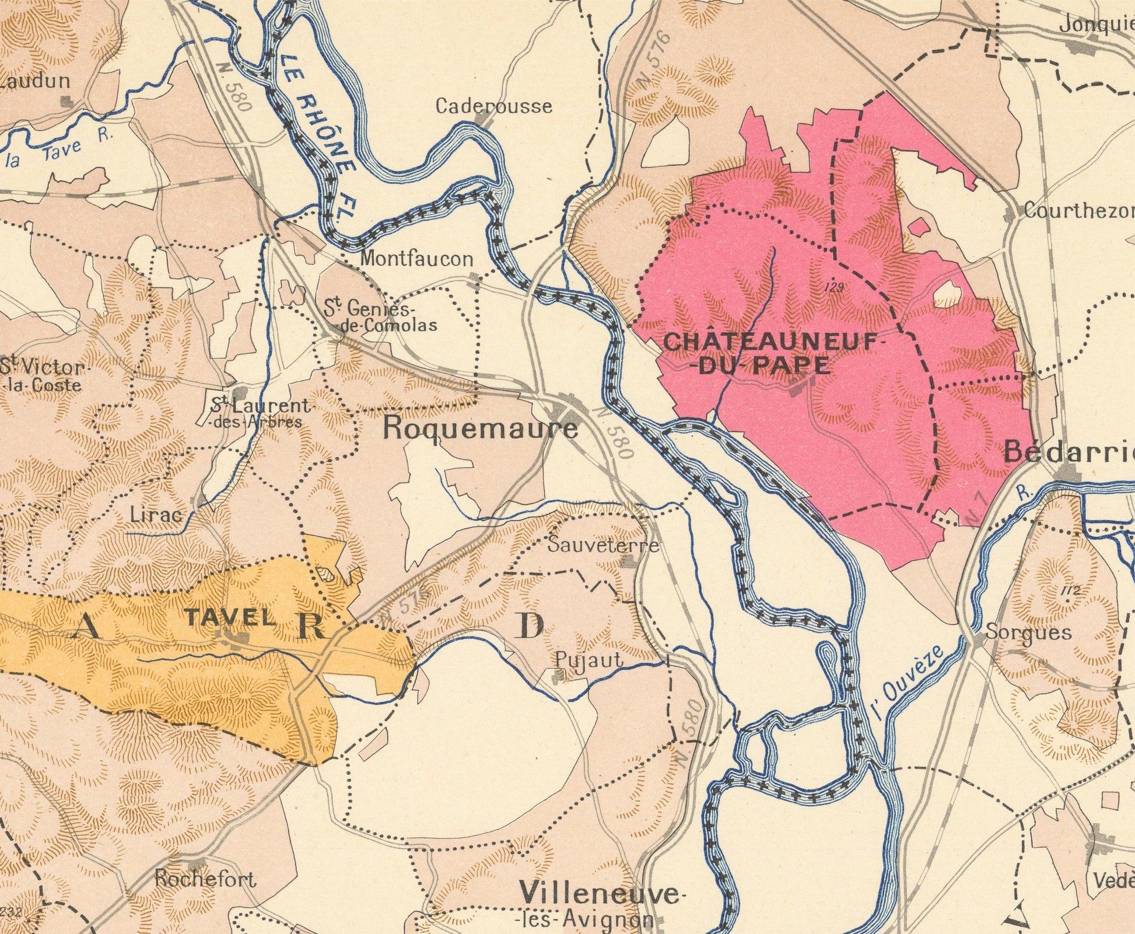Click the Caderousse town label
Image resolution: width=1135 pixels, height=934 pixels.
pyautogui.click(x=493, y=106)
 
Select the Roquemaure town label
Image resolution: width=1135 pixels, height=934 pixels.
pyautogui.click(x=481, y=429)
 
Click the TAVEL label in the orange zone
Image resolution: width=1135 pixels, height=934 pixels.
pyautogui.click(x=229, y=617)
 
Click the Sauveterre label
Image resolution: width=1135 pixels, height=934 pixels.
pyautogui.click(x=604, y=545)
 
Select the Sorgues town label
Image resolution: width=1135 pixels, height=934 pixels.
pyautogui.click(x=1028, y=633)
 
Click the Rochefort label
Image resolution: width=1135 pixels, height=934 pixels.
pyautogui.click(x=205, y=879)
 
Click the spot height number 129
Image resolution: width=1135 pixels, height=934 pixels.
pyautogui.click(x=835, y=286)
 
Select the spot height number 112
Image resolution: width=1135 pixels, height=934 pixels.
pyautogui.click(x=1069, y=592)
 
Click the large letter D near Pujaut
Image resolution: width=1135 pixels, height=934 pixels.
pyautogui.click(x=531, y=627)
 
